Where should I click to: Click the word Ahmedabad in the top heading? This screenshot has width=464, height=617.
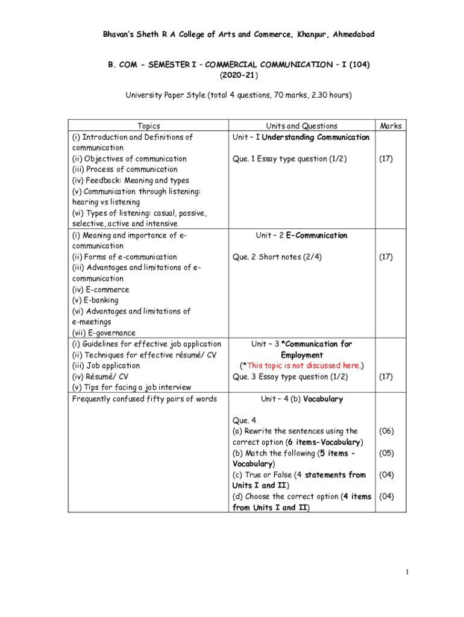point(350,34)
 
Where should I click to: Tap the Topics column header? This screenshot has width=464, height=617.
point(149,126)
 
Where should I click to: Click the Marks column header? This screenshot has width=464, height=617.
point(390,126)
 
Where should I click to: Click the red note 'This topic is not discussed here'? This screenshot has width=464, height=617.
point(302,366)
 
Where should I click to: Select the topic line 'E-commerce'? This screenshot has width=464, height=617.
point(100,290)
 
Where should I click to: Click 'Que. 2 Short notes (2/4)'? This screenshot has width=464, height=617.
point(277,257)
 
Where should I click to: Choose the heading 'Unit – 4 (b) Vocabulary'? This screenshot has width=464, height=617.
point(302,399)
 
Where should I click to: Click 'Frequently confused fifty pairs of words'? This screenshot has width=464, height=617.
point(144,399)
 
